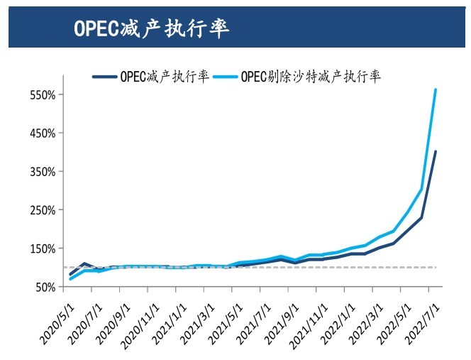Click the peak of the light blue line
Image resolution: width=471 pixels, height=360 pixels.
(436, 89)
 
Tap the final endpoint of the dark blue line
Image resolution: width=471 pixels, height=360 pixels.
(436, 151)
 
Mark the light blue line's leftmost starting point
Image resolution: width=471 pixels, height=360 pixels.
(70, 278)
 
